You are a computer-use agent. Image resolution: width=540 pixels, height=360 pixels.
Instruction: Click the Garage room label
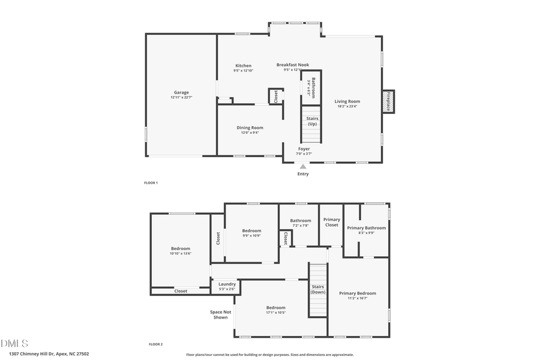click(181, 92)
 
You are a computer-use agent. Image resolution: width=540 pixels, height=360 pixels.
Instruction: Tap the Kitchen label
click(243, 65)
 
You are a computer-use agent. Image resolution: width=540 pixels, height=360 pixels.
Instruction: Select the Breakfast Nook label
click(292, 64)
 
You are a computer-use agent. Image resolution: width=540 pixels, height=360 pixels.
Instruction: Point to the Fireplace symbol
click(388, 101)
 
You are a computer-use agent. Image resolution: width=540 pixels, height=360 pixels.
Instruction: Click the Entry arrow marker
click(303, 167)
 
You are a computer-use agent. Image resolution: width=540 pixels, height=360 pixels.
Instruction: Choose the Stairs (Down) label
click(318, 289)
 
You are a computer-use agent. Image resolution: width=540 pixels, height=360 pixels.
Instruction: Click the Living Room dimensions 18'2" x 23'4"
click(347, 107)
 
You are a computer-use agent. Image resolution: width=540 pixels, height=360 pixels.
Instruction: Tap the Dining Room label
click(250, 127)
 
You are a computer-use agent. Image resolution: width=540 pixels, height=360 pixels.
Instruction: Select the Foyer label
click(304, 148)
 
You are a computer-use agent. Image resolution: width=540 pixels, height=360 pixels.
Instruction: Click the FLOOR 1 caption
click(151, 182)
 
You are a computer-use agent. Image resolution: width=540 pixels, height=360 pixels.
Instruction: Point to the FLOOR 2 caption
click(155, 344)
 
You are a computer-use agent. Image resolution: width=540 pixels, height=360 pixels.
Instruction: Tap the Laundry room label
click(227, 284)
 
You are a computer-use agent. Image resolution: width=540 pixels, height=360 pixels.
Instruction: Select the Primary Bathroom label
click(366, 227)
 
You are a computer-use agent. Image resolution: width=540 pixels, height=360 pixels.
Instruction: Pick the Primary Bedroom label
click(357, 293)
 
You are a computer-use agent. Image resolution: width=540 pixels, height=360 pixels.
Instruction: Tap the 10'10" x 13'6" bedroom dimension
click(180, 254)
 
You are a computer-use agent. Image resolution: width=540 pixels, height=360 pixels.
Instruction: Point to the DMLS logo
click(15, 343)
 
